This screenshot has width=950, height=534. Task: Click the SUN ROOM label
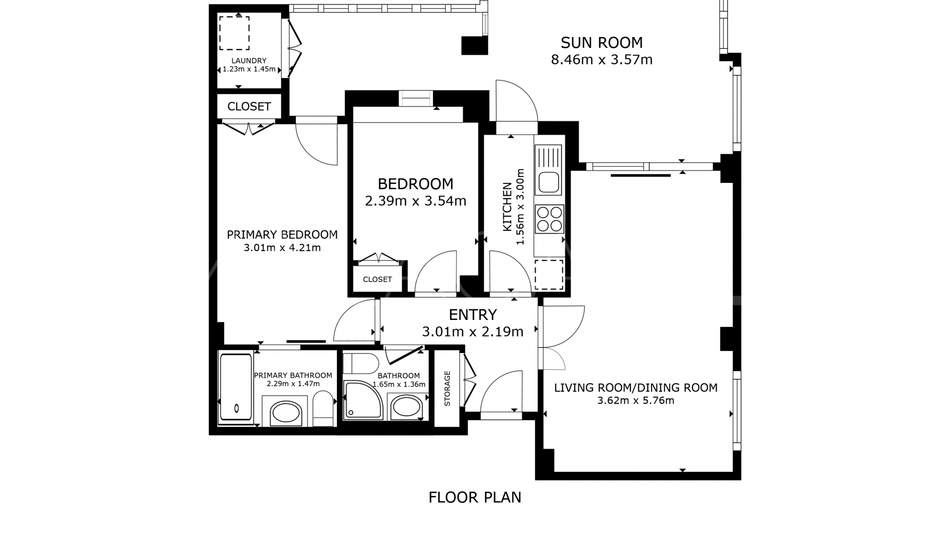tap(601, 43)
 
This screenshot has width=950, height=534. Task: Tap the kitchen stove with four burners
tap(549, 219)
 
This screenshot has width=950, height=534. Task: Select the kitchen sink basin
tap(549, 183)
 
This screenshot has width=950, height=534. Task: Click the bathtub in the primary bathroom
tap(236, 388)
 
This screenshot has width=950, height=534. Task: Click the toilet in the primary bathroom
tap(324, 408)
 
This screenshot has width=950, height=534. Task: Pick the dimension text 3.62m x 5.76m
tap(635, 400)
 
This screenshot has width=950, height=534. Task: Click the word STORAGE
tap(447, 389)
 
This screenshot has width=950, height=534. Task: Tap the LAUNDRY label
tap(249, 61)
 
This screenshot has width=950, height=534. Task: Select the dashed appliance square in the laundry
tap(234, 33)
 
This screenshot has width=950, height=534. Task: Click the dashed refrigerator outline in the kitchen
tap(549, 274)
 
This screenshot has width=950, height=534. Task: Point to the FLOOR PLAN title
tap(475, 497)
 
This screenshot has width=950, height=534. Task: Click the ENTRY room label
tap(473, 315)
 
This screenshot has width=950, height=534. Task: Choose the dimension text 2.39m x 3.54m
tap(415, 201)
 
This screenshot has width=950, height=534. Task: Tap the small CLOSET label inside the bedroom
tap(377, 279)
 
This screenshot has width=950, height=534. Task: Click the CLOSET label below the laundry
tap(249, 107)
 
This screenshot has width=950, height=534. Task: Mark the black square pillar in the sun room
tap(475, 45)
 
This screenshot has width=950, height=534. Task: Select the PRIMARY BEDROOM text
tap(282, 235)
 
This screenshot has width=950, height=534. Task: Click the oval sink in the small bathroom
tap(406, 407)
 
